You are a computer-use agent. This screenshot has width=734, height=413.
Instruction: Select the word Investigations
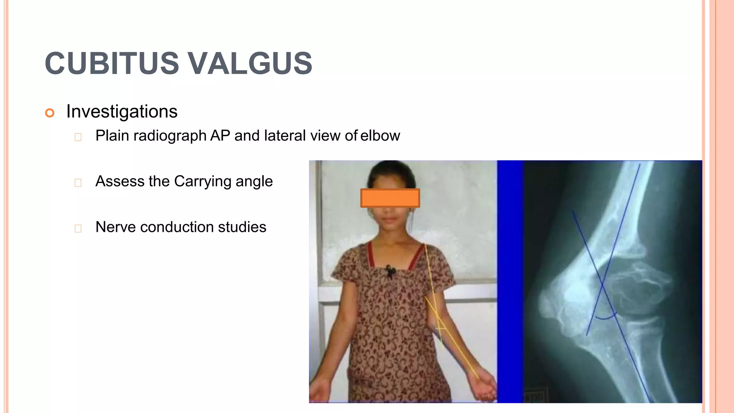click(x=122, y=111)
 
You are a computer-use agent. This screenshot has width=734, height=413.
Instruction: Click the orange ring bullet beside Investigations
click(x=50, y=113)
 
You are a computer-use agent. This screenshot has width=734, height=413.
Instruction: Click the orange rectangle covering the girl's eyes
click(x=390, y=198)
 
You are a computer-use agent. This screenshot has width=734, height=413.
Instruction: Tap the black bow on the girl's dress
click(x=391, y=271)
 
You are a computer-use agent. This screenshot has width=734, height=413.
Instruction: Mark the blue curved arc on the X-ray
click(x=606, y=317)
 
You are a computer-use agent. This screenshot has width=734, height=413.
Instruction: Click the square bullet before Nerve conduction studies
click(x=78, y=228)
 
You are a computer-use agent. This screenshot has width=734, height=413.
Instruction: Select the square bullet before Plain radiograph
click(x=78, y=137)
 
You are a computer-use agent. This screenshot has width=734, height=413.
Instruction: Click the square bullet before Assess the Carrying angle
click(x=78, y=183)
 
